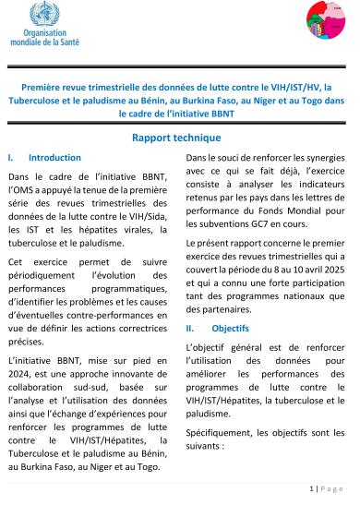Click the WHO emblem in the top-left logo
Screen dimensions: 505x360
[41, 15]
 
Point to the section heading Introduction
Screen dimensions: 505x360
[54, 158]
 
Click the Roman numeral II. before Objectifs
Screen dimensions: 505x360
[191, 328]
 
